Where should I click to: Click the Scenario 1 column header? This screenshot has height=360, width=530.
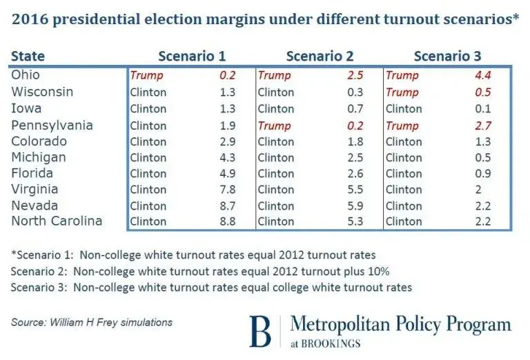click(192, 56)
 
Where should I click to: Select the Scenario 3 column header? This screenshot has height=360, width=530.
click(447, 56)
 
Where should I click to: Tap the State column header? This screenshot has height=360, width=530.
click(27, 56)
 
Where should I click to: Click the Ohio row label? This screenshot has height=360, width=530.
click(26, 75)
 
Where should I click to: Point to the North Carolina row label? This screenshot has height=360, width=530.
click(57, 221)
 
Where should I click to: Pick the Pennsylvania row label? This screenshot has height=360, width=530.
click(52, 126)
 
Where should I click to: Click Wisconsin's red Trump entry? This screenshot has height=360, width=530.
click(402, 92)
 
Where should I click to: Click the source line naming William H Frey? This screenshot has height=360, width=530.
click(92, 322)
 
